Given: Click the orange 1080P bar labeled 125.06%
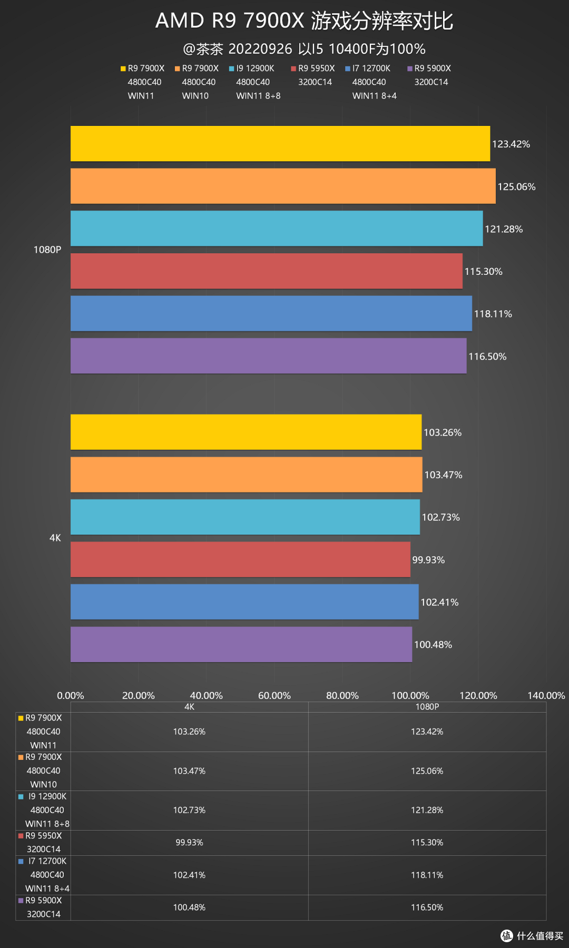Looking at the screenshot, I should tap(283, 186).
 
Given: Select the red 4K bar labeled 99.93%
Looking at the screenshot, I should tap(240, 559).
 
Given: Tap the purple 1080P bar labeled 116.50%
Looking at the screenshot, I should tap(268, 356).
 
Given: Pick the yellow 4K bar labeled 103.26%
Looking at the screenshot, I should tap(246, 432).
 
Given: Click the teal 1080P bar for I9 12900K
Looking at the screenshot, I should tap(277, 229).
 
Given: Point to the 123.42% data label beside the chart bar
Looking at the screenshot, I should tap(511, 144).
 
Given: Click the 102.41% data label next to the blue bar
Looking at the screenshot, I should tap(439, 602).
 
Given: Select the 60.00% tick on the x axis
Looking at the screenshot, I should tap(274, 695).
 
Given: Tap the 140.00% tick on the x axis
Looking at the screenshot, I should tap(546, 695).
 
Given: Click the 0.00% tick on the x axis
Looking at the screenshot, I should tap(71, 695).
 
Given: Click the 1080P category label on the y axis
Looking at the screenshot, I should tap(47, 250).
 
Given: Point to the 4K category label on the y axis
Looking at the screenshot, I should tap(55, 538).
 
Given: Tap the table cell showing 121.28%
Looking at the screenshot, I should tap(427, 810).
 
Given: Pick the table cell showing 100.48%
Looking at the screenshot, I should tap(189, 907).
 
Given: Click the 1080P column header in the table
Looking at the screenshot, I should tap(427, 707).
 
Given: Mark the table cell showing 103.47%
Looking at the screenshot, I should tap(189, 771).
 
